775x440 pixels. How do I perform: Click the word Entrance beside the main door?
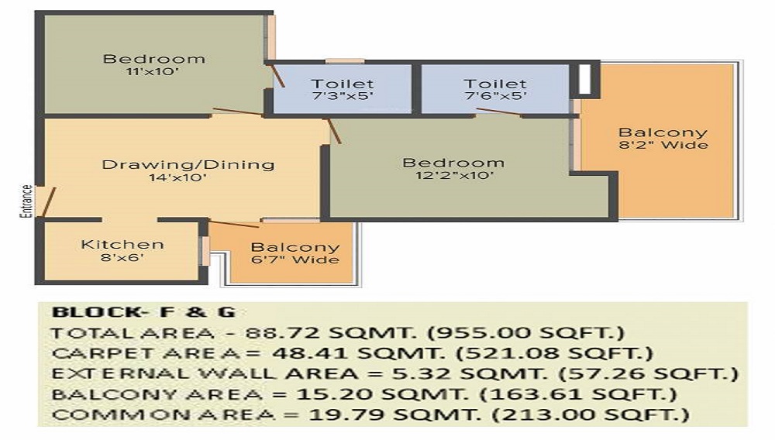pyautogui.click(x=26, y=201)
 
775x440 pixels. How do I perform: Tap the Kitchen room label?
pyautogui.click(x=122, y=245)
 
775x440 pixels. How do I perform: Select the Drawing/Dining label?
pyautogui.click(x=188, y=164)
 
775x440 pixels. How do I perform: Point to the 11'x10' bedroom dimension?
pyautogui.click(x=152, y=71)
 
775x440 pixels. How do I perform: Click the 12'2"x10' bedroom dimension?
pyautogui.click(x=454, y=175)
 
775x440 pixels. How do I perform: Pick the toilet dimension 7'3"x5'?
pyautogui.click(x=343, y=96)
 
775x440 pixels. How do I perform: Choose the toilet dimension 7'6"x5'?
pyautogui.click(x=495, y=96)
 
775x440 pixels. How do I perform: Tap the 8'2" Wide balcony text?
pyautogui.click(x=663, y=145)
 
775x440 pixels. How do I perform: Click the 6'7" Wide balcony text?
pyautogui.click(x=295, y=260)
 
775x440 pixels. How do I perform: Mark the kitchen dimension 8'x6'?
pyautogui.click(x=122, y=257)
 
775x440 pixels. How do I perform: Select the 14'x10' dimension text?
pyautogui.click(x=178, y=177)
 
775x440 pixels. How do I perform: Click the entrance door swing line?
pyautogui.click(x=48, y=202)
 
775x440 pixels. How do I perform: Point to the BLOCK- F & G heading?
pyautogui.click(x=144, y=312)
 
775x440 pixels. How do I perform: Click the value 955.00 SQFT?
pyautogui.click(x=526, y=333)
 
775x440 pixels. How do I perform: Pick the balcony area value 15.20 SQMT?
pyautogui.click(x=381, y=394)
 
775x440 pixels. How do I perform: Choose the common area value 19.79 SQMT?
pyautogui.click(x=395, y=414)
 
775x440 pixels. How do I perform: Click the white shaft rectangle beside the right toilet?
pyautogui.click(x=584, y=78)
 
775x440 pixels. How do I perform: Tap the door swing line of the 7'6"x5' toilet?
pyautogui.click(x=498, y=112)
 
